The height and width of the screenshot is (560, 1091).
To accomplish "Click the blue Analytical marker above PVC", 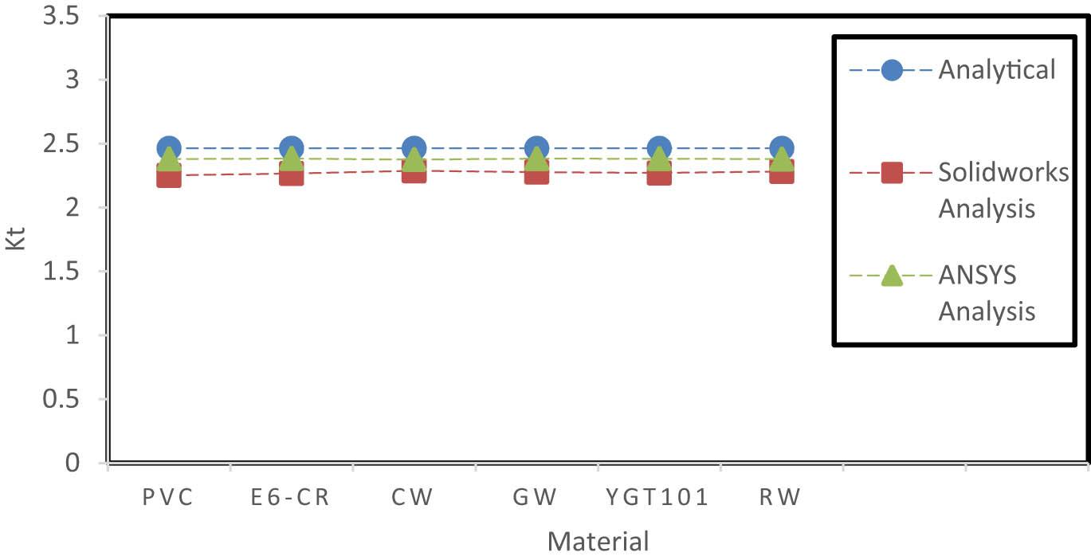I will click(168, 148).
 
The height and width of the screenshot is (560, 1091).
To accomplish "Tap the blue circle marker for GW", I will click(536, 148).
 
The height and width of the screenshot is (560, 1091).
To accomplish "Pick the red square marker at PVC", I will click(168, 176).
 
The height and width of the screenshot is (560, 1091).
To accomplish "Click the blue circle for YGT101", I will click(659, 148).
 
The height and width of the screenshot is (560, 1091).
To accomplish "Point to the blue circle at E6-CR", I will click(291, 148).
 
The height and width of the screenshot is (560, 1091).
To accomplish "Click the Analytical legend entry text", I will click(996, 70).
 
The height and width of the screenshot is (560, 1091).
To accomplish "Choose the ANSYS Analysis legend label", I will click(987, 292).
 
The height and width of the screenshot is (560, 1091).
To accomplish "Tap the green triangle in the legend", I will click(892, 276).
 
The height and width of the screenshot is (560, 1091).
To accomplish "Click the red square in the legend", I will click(892, 172).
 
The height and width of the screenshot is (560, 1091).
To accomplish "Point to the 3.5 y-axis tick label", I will click(60, 17).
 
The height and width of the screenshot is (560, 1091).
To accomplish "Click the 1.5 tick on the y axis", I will click(60, 272).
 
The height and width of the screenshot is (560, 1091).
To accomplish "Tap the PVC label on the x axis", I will click(168, 498).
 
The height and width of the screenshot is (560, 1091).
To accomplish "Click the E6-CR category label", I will click(290, 498).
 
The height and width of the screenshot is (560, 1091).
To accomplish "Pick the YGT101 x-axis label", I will click(657, 498).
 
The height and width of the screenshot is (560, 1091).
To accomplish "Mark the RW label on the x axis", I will click(779, 498).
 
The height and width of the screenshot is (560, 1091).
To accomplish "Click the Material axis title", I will click(598, 542).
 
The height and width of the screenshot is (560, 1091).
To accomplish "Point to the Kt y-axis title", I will click(16, 239).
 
